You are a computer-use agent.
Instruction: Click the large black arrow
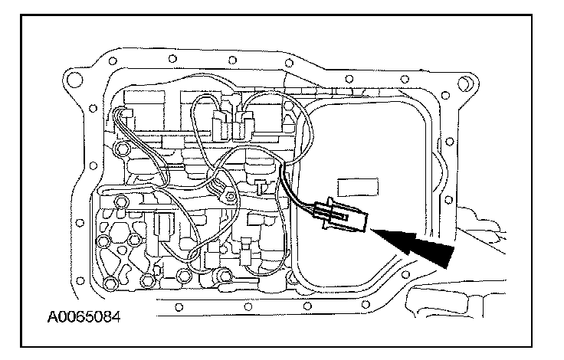point(414,241)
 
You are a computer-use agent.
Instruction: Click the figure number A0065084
point(80,315)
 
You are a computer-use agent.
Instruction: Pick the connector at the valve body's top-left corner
point(123,117)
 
